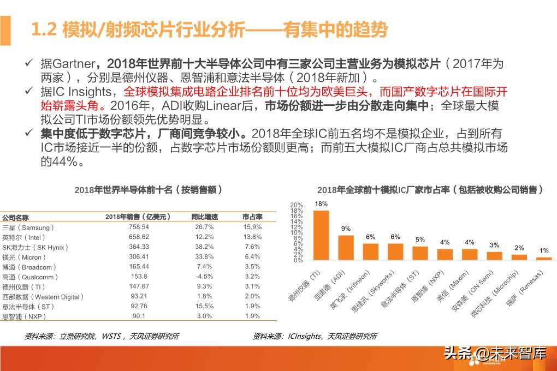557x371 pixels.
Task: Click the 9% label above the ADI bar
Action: point(346,229)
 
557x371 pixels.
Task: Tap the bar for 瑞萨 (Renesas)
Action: point(543,258)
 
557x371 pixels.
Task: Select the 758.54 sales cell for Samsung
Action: point(138,226)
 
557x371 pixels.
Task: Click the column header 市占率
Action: point(252,217)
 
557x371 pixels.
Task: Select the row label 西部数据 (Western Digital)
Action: point(43,297)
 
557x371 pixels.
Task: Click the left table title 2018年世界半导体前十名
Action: point(148,190)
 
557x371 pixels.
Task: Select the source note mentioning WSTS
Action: point(102,336)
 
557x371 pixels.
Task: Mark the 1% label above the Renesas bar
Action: point(543,250)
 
